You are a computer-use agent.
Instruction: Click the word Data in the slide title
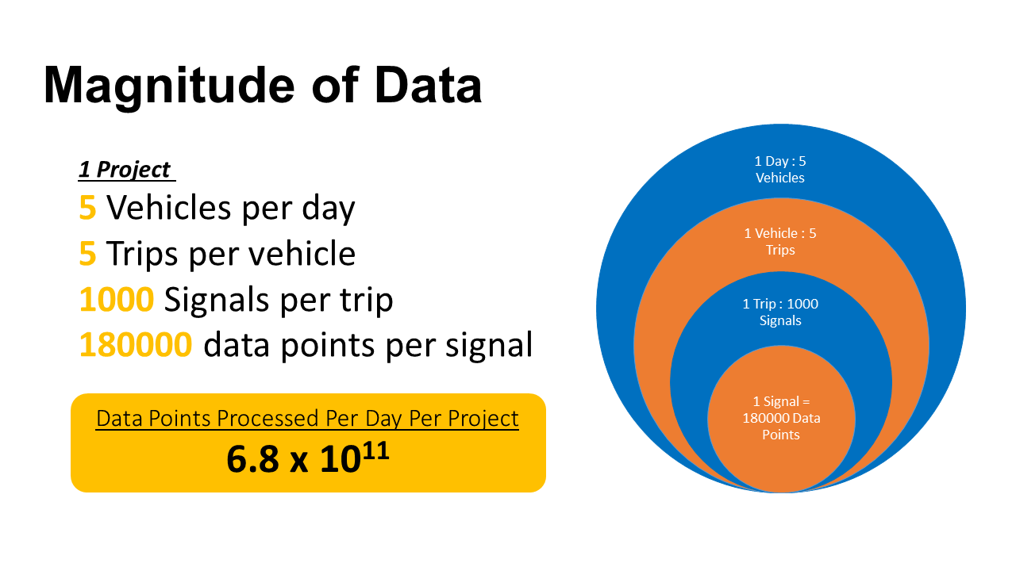pos(429,84)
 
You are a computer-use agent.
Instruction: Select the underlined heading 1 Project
pos(125,170)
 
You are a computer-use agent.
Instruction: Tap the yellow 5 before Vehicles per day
pos(87,208)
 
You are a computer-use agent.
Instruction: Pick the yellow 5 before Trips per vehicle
pos(87,254)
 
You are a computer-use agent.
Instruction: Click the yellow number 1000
pos(116,300)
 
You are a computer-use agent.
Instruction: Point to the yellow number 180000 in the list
pos(135,345)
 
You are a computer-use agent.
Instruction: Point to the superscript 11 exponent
pos(376,448)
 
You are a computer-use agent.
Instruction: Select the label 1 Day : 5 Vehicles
pos(780,170)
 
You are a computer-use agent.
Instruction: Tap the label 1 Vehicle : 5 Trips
pos(780,242)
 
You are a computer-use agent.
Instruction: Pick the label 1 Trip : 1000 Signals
pos(780,312)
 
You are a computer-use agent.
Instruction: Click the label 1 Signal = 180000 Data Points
pos(781,418)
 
